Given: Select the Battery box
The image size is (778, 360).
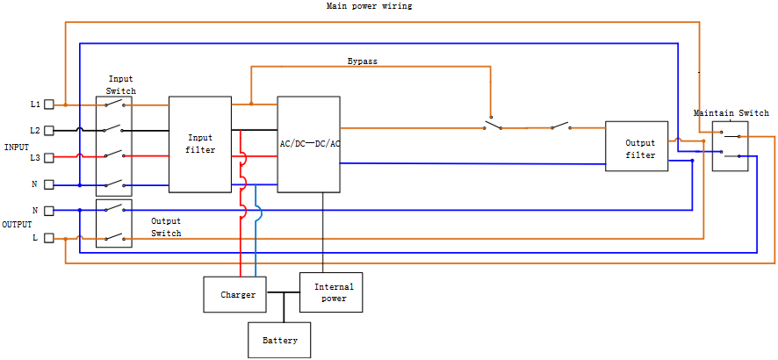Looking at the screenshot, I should point(280,340).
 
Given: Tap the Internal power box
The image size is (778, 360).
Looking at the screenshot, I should point(331,292).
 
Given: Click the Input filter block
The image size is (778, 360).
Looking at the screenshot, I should point(200,144).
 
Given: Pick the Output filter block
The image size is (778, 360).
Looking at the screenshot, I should point(640,146).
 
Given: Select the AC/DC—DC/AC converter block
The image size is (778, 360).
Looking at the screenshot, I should point(309,144).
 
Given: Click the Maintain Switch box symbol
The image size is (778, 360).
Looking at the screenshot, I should point(731,146).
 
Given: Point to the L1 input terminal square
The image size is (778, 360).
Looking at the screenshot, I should point(49,104).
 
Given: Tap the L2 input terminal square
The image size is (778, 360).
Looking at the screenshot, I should point(49,131).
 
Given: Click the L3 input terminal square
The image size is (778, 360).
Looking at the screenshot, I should point(49,157).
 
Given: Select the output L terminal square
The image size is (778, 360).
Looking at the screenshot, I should point(49,238).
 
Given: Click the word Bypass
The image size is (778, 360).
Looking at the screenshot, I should point(363,61).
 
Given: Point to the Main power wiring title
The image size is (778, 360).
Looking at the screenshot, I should point(369,6).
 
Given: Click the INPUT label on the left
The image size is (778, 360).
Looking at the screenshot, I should point(17,147).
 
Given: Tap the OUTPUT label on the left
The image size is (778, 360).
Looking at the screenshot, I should point(17,225).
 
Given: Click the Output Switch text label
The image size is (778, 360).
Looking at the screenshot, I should point(166,227).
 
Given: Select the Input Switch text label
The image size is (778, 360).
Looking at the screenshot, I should point(121,85).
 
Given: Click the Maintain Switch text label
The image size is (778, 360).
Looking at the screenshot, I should point(731,113).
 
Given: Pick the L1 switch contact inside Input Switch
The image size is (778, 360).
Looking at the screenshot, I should point(114,104).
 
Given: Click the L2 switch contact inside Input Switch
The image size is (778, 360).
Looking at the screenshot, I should point(114,130).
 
